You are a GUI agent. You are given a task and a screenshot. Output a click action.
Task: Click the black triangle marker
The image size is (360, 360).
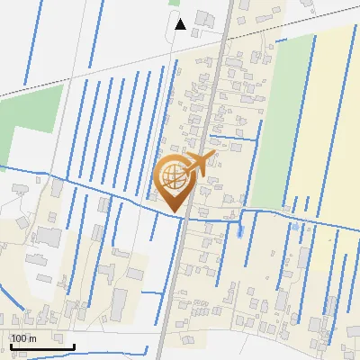coord(180,23)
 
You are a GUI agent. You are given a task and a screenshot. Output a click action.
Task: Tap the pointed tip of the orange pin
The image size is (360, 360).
coord(177,212)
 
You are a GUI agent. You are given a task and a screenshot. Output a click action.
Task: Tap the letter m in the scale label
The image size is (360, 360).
coord(32,338)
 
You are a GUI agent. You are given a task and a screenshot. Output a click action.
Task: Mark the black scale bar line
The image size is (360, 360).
coord(41,346)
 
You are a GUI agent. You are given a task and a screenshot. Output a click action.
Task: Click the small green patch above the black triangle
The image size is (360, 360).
coord(175,3)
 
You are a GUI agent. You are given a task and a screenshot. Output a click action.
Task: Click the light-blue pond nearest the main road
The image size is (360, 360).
coord(239,230)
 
